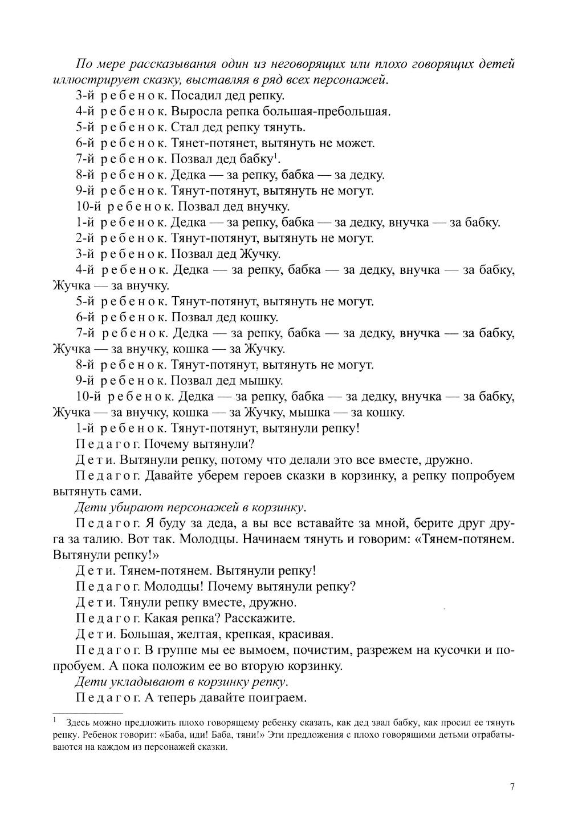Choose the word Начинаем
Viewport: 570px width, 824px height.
pos(271,539)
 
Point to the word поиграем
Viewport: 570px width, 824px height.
pos(279,697)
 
